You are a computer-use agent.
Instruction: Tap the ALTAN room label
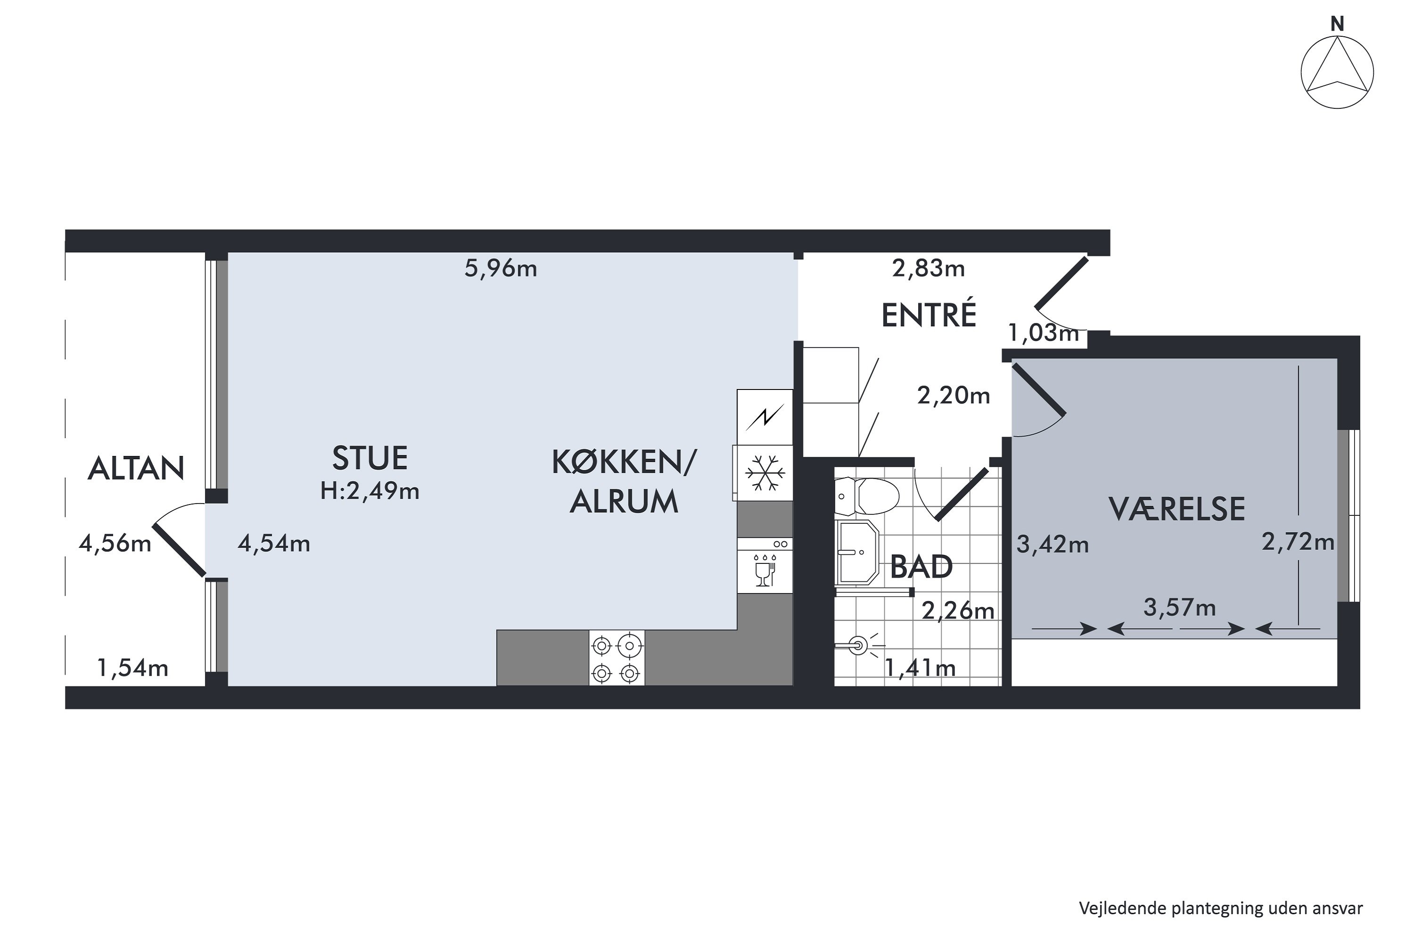coord(136,469)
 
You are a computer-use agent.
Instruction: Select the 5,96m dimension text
coord(500,268)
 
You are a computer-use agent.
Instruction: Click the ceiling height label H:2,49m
coord(369,491)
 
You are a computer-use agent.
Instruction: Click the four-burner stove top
coord(616,657)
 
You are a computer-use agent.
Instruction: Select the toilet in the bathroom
coord(869,496)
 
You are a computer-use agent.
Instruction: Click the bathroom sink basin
coord(857,552)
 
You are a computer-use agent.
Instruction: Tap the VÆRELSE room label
coord(1176,509)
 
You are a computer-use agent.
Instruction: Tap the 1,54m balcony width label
coord(132,668)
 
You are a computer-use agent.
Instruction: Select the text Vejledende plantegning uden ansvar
coord(1220,908)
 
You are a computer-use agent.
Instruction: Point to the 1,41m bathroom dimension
coord(920,668)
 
